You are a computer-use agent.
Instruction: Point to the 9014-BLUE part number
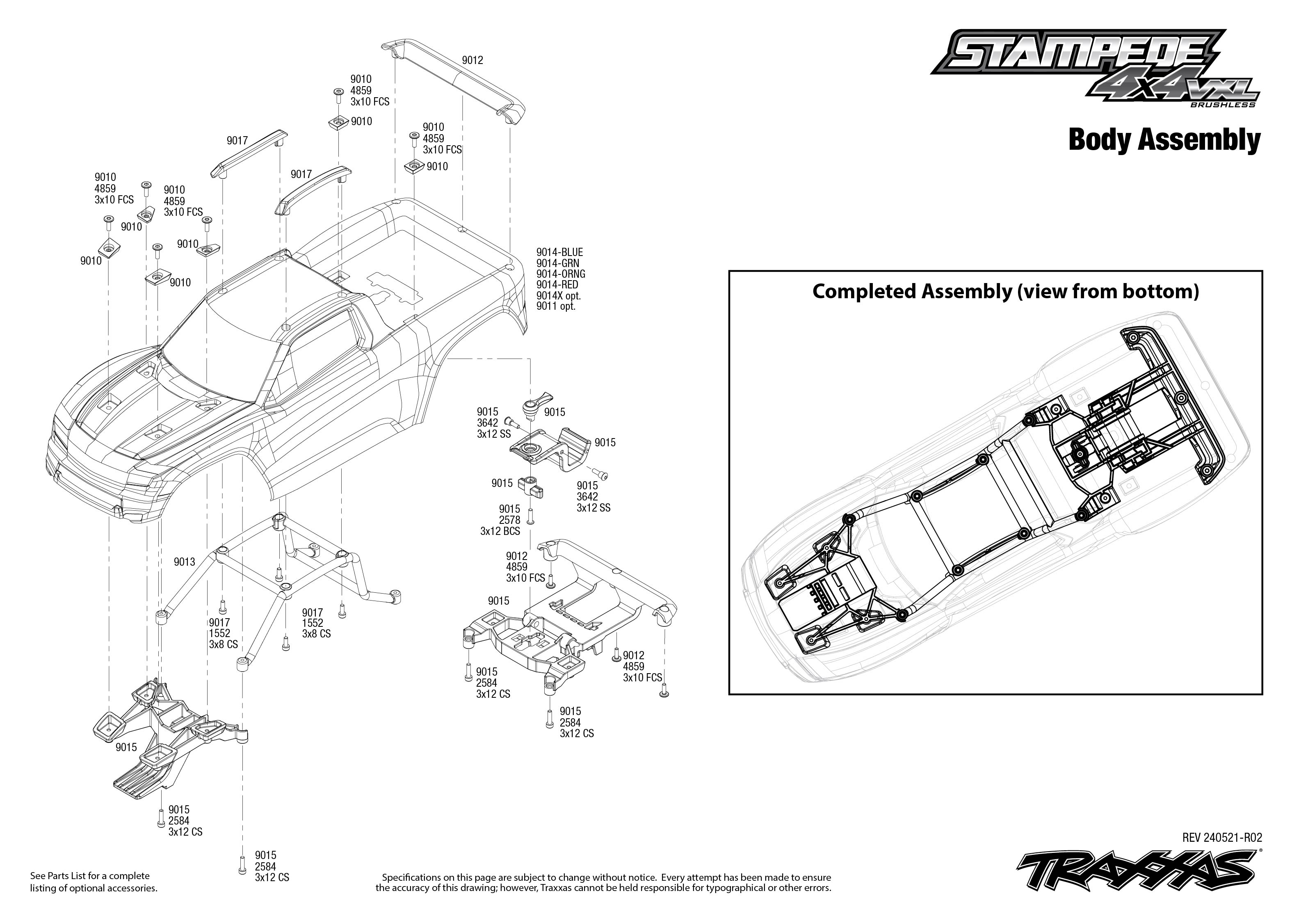[x=559, y=252]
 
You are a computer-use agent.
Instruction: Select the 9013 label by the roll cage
[x=184, y=562]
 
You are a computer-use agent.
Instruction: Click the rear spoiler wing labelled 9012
[x=454, y=80]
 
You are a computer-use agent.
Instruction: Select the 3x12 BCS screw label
[x=500, y=531]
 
